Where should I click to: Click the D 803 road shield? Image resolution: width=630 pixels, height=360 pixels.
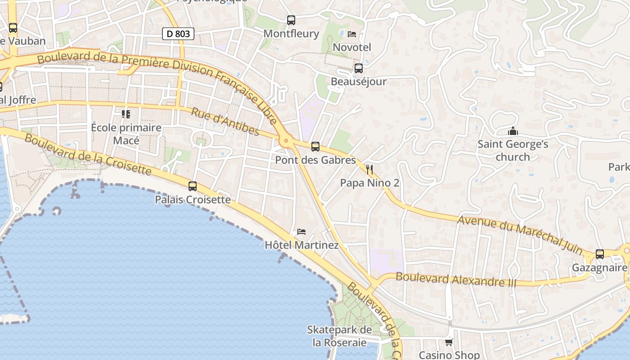(x=178, y=33)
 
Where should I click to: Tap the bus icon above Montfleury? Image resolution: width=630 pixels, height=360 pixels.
(x=291, y=20)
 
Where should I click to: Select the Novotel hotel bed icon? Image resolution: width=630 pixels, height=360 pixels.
(x=352, y=34)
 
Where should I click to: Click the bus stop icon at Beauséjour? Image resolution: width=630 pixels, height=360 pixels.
(x=358, y=68)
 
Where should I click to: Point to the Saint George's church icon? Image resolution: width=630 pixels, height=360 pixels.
(x=513, y=131)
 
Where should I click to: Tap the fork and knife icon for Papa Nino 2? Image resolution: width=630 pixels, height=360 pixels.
(x=369, y=170)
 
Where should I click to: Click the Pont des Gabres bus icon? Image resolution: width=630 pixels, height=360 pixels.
(x=315, y=147)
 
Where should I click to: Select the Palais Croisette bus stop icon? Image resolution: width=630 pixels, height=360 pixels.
(x=193, y=186)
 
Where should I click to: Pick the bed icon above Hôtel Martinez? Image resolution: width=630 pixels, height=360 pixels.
(x=301, y=232)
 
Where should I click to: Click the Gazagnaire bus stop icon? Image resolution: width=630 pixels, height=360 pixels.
(x=599, y=254)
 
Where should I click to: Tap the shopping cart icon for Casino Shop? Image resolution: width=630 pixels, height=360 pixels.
(x=449, y=342)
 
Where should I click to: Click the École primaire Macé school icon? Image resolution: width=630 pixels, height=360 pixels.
(x=126, y=114)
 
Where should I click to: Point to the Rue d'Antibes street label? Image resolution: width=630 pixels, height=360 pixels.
(x=225, y=121)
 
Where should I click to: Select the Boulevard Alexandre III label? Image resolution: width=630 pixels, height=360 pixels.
(x=456, y=280)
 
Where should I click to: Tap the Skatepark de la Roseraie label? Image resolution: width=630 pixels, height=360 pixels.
(x=340, y=336)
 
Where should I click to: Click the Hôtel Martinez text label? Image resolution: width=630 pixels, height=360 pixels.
(x=301, y=245)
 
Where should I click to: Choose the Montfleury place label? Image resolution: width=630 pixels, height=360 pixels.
(x=291, y=34)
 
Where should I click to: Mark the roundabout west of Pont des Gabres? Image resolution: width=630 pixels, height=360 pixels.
(x=286, y=141)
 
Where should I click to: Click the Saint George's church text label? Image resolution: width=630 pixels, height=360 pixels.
(x=513, y=151)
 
